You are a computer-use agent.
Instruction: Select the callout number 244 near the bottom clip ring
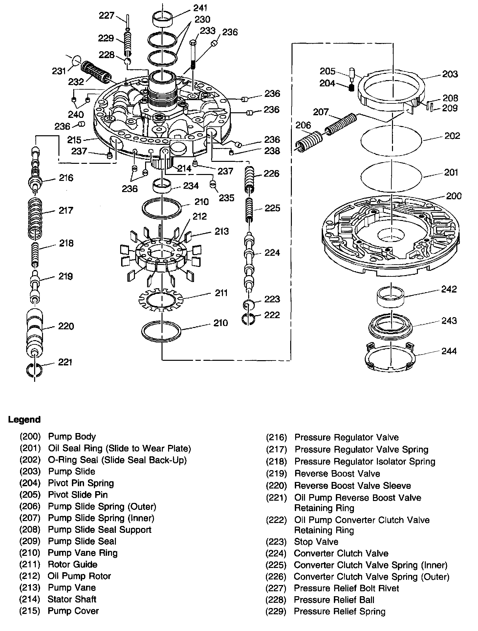point(449,351)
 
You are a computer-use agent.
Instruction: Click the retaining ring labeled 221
point(34,370)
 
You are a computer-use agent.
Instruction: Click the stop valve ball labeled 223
point(249,304)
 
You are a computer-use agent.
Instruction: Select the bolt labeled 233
point(193,54)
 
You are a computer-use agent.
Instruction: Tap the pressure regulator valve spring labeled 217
point(35,218)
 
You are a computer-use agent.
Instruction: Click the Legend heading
point(24,420)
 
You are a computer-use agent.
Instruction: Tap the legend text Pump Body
point(72,436)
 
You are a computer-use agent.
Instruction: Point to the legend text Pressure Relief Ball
point(334,599)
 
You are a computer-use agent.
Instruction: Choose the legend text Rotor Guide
point(72,564)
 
